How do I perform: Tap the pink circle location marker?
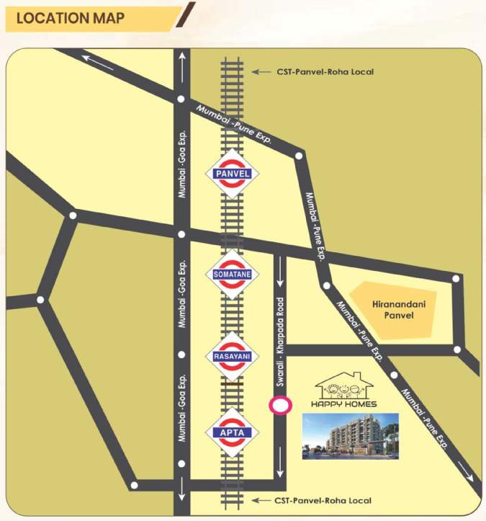[x=279, y=406]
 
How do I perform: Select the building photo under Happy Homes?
[x=350, y=435]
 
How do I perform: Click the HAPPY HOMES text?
[x=349, y=404]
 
